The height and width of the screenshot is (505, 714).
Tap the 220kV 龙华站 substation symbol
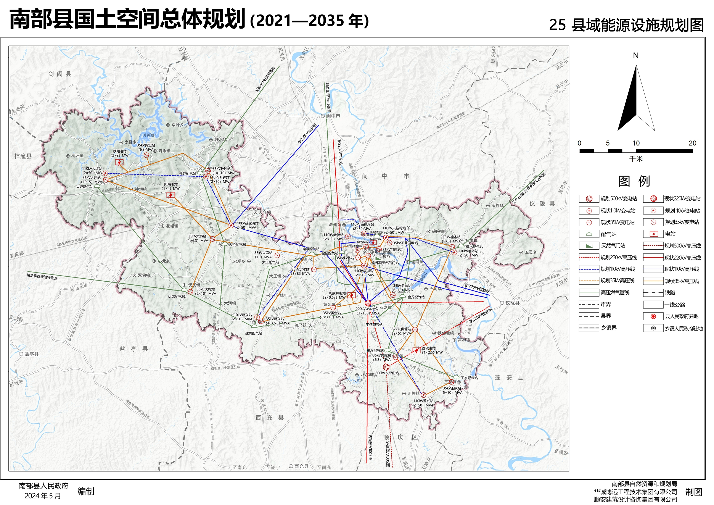point(368,302)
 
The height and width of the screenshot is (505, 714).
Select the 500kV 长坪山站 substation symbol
point(386,367)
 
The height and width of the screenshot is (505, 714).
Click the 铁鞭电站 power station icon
point(119,162)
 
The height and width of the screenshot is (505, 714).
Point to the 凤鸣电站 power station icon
point(170,195)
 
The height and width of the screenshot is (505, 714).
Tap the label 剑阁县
point(60,74)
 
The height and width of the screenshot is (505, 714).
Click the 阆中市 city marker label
point(333,116)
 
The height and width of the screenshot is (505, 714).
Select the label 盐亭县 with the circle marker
point(31,354)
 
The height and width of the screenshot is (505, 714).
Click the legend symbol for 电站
point(653,234)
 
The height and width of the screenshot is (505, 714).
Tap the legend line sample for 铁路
point(653,293)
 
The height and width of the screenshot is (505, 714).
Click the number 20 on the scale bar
point(692,143)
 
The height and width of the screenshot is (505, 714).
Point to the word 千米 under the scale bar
point(636,159)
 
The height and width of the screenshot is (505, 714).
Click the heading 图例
point(634,181)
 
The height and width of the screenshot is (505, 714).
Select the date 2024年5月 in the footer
point(43,496)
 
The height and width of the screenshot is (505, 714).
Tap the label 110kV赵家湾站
point(247,223)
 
